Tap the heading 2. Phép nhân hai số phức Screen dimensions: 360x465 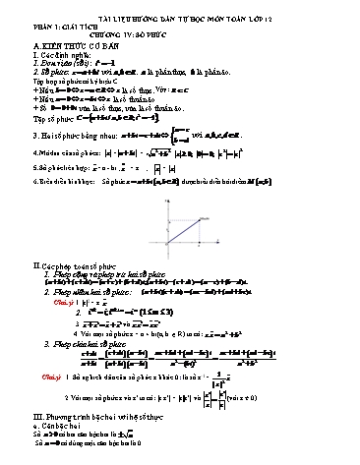coord(80,292)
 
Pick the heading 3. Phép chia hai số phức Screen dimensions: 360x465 coord(89,342)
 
